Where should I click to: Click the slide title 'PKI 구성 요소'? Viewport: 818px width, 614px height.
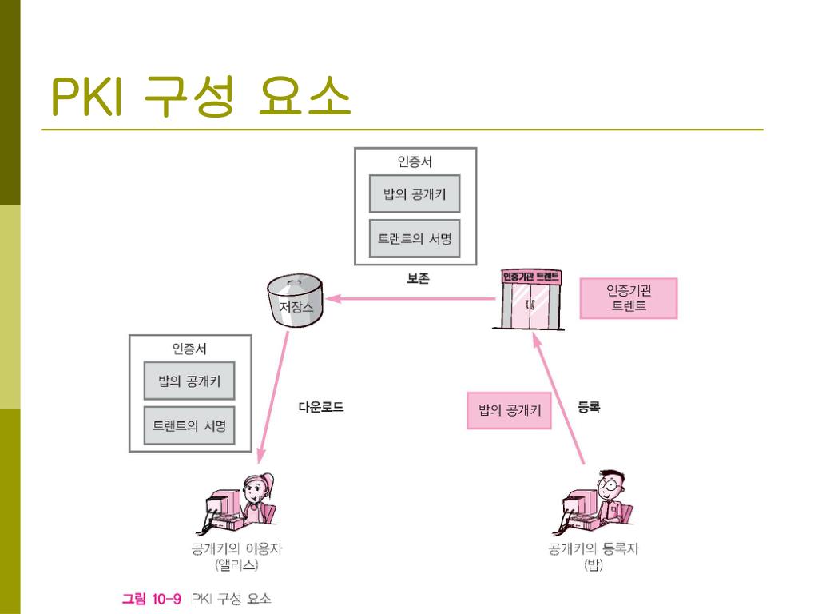(201, 97)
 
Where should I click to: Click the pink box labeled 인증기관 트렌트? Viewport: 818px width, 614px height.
(629, 298)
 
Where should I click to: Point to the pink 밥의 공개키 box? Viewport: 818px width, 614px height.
(509, 410)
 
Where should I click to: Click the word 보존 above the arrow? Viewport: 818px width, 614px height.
(418, 279)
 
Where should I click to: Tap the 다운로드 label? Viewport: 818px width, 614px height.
(321, 407)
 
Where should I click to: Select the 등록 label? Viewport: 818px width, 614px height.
(589, 407)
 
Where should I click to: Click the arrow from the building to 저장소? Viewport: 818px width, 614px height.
(411, 300)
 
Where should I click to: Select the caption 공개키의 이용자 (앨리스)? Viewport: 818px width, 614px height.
(236, 556)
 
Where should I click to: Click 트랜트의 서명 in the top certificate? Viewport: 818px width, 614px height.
(415, 238)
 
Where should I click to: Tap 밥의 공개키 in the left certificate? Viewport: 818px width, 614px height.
(189, 381)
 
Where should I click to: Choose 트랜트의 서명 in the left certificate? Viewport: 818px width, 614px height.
(189, 425)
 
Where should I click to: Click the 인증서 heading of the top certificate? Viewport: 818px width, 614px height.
(415, 161)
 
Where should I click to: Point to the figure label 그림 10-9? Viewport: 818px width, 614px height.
(152, 598)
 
